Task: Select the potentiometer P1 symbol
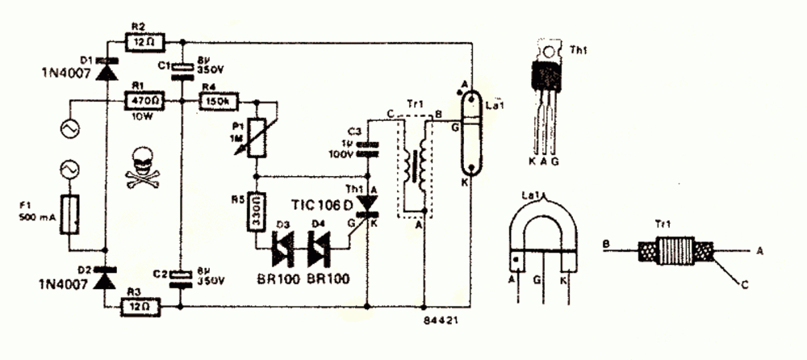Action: click(256, 137)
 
